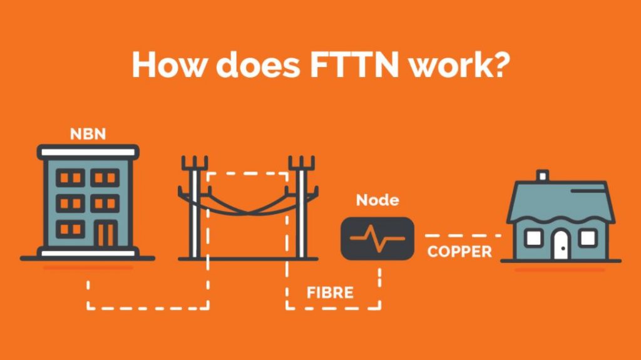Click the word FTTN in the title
354,64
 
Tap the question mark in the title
500,64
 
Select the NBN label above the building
88,134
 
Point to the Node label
377,200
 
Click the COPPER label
459,252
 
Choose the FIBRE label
330,293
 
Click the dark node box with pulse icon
377,239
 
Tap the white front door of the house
562,245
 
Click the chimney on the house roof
542,175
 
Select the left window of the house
533,238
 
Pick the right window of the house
588,238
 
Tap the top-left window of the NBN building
70,178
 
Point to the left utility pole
195,207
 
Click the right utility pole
302,207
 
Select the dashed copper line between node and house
463,235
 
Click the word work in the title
448,64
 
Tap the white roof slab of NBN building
88,152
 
